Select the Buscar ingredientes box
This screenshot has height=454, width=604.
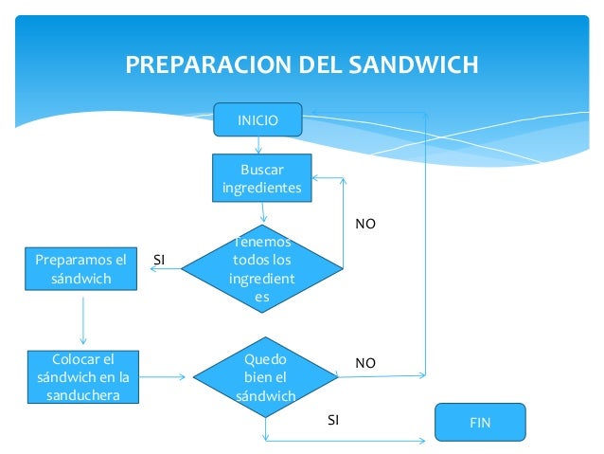click(261, 177)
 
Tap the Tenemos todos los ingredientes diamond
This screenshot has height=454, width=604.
click(261, 270)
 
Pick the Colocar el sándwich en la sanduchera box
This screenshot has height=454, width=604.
click(82, 376)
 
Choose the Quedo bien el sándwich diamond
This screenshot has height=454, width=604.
click(265, 377)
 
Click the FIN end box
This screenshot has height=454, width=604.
click(480, 422)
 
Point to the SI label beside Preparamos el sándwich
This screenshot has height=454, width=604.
click(159, 259)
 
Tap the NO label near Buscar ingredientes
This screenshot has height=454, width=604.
click(364, 225)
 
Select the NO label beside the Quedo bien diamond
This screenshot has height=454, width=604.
click(364, 363)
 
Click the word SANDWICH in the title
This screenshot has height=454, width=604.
click(414, 65)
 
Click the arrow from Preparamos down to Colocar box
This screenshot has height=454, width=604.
click(83, 322)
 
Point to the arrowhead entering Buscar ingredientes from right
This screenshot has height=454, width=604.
click(318, 177)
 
